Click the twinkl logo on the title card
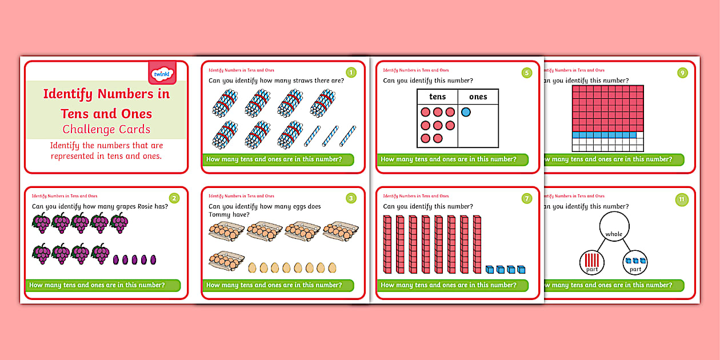162,74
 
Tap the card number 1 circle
351,73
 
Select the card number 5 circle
526,73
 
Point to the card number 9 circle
682,73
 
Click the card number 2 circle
174,198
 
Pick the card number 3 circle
351,198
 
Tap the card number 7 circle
526,198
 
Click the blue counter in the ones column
466,112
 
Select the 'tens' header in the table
438,97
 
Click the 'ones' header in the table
478,97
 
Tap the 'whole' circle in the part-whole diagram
614,229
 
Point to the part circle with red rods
592,262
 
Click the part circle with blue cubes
635,262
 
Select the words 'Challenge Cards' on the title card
106,129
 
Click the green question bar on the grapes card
103,285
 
